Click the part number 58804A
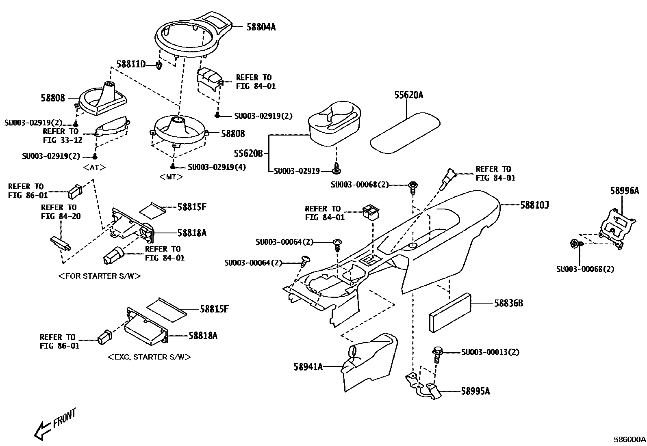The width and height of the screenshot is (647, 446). point(261,27)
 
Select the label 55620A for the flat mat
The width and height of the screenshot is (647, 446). point(408,95)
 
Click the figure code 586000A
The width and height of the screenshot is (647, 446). point(629,440)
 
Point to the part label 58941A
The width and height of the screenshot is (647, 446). point(308,366)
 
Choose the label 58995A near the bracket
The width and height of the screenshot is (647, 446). point(475,391)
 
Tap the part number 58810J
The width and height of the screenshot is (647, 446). point(534,205)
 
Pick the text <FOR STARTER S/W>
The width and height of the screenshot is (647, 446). point(100,276)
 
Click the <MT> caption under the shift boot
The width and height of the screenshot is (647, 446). point(171,177)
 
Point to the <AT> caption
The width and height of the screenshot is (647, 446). point(94,167)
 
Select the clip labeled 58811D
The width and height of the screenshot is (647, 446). point(159,65)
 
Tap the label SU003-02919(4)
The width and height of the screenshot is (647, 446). point(217,167)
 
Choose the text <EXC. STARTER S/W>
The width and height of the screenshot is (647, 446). point(149,357)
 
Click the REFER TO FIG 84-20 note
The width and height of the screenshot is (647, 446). point(61,212)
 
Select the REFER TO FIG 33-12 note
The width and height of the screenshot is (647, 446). point(62,136)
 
